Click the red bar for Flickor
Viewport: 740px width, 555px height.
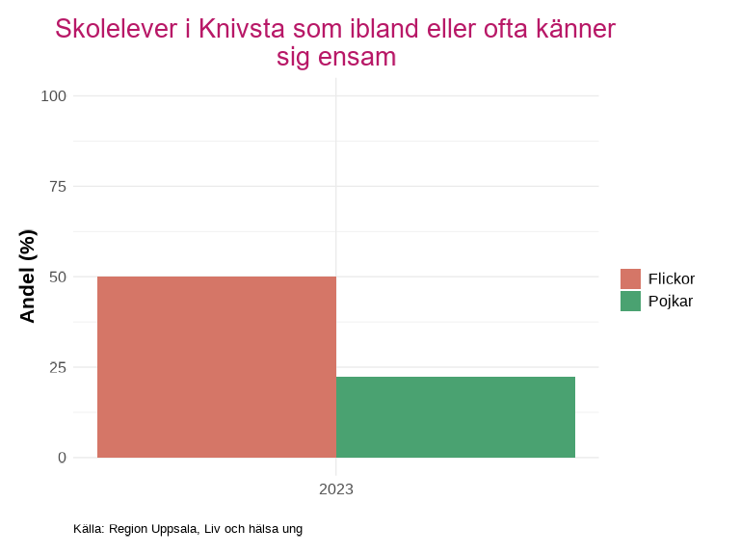point(217,367)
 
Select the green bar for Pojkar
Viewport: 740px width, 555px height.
point(456,417)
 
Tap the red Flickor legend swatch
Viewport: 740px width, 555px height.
point(630,278)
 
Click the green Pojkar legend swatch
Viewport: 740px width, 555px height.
point(630,301)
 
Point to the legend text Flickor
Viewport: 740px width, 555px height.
point(672,278)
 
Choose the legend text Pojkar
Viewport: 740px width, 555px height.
point(671,301)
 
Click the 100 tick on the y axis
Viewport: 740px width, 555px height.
point(54,95)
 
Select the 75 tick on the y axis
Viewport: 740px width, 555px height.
point(58,186)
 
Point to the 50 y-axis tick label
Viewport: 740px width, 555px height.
point(58,277)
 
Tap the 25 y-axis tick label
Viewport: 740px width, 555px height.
point(58,367)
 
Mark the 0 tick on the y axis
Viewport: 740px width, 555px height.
point(62,458)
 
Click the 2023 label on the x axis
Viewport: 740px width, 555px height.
point(336,489)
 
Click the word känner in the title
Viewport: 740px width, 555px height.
point(572,29)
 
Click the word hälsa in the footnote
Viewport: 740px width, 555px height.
point(261,529)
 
